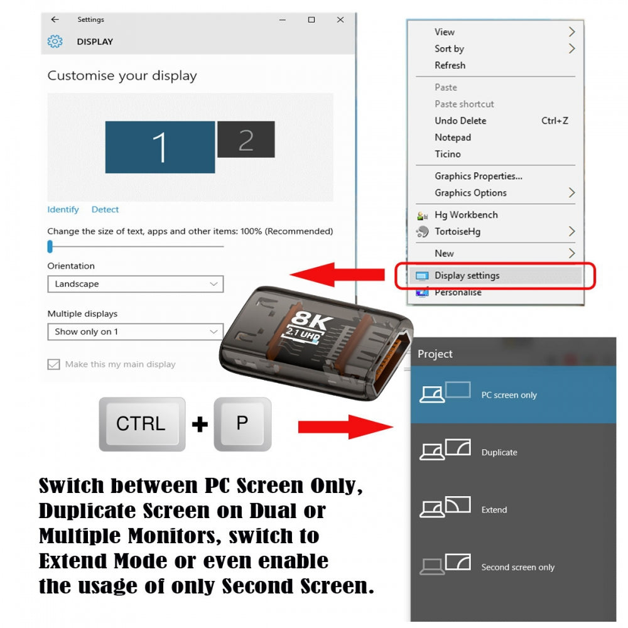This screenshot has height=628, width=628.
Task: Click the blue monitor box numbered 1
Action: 160,147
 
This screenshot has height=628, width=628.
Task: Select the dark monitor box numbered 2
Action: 246,139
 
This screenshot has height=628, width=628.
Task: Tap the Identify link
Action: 63,210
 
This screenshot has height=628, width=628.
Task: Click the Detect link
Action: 105,210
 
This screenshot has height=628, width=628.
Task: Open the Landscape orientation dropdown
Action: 136,284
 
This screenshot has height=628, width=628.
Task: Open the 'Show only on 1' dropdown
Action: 136,332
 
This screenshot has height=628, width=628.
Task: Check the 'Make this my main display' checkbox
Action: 53,364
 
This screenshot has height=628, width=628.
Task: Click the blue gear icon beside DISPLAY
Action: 55,41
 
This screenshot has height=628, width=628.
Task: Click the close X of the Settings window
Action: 340,19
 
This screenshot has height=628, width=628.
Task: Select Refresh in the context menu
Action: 450,65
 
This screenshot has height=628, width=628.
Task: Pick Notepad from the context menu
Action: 453,138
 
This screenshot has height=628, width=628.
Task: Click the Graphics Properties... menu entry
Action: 478,176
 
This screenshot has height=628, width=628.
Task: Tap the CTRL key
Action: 142,424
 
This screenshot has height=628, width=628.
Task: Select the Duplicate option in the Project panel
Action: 513,452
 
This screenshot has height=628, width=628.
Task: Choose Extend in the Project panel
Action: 513,509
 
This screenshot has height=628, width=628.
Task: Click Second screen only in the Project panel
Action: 513,566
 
